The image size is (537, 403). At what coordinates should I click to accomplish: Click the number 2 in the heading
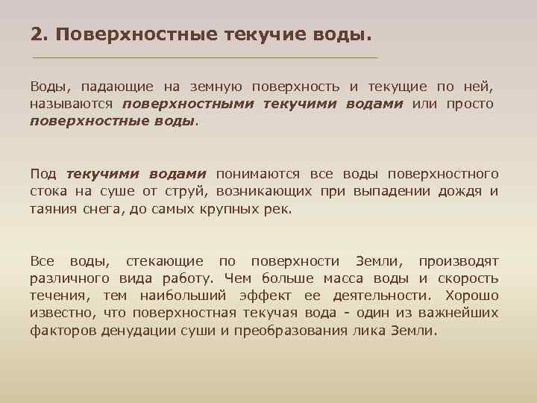pos(35,35)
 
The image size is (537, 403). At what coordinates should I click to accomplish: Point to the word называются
pos(72,104)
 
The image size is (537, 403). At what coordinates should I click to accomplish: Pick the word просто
pos(470,104)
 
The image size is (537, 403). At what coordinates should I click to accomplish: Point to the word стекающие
pos(164,261)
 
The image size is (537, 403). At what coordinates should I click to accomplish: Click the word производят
pos(458,261)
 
